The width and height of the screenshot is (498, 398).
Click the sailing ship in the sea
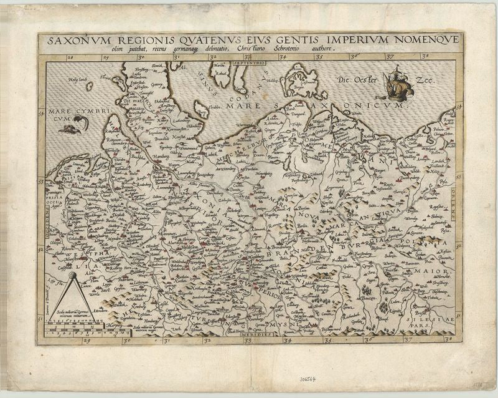click(x=395, y=85)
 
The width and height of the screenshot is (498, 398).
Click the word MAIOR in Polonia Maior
click(x=436, y=272)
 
